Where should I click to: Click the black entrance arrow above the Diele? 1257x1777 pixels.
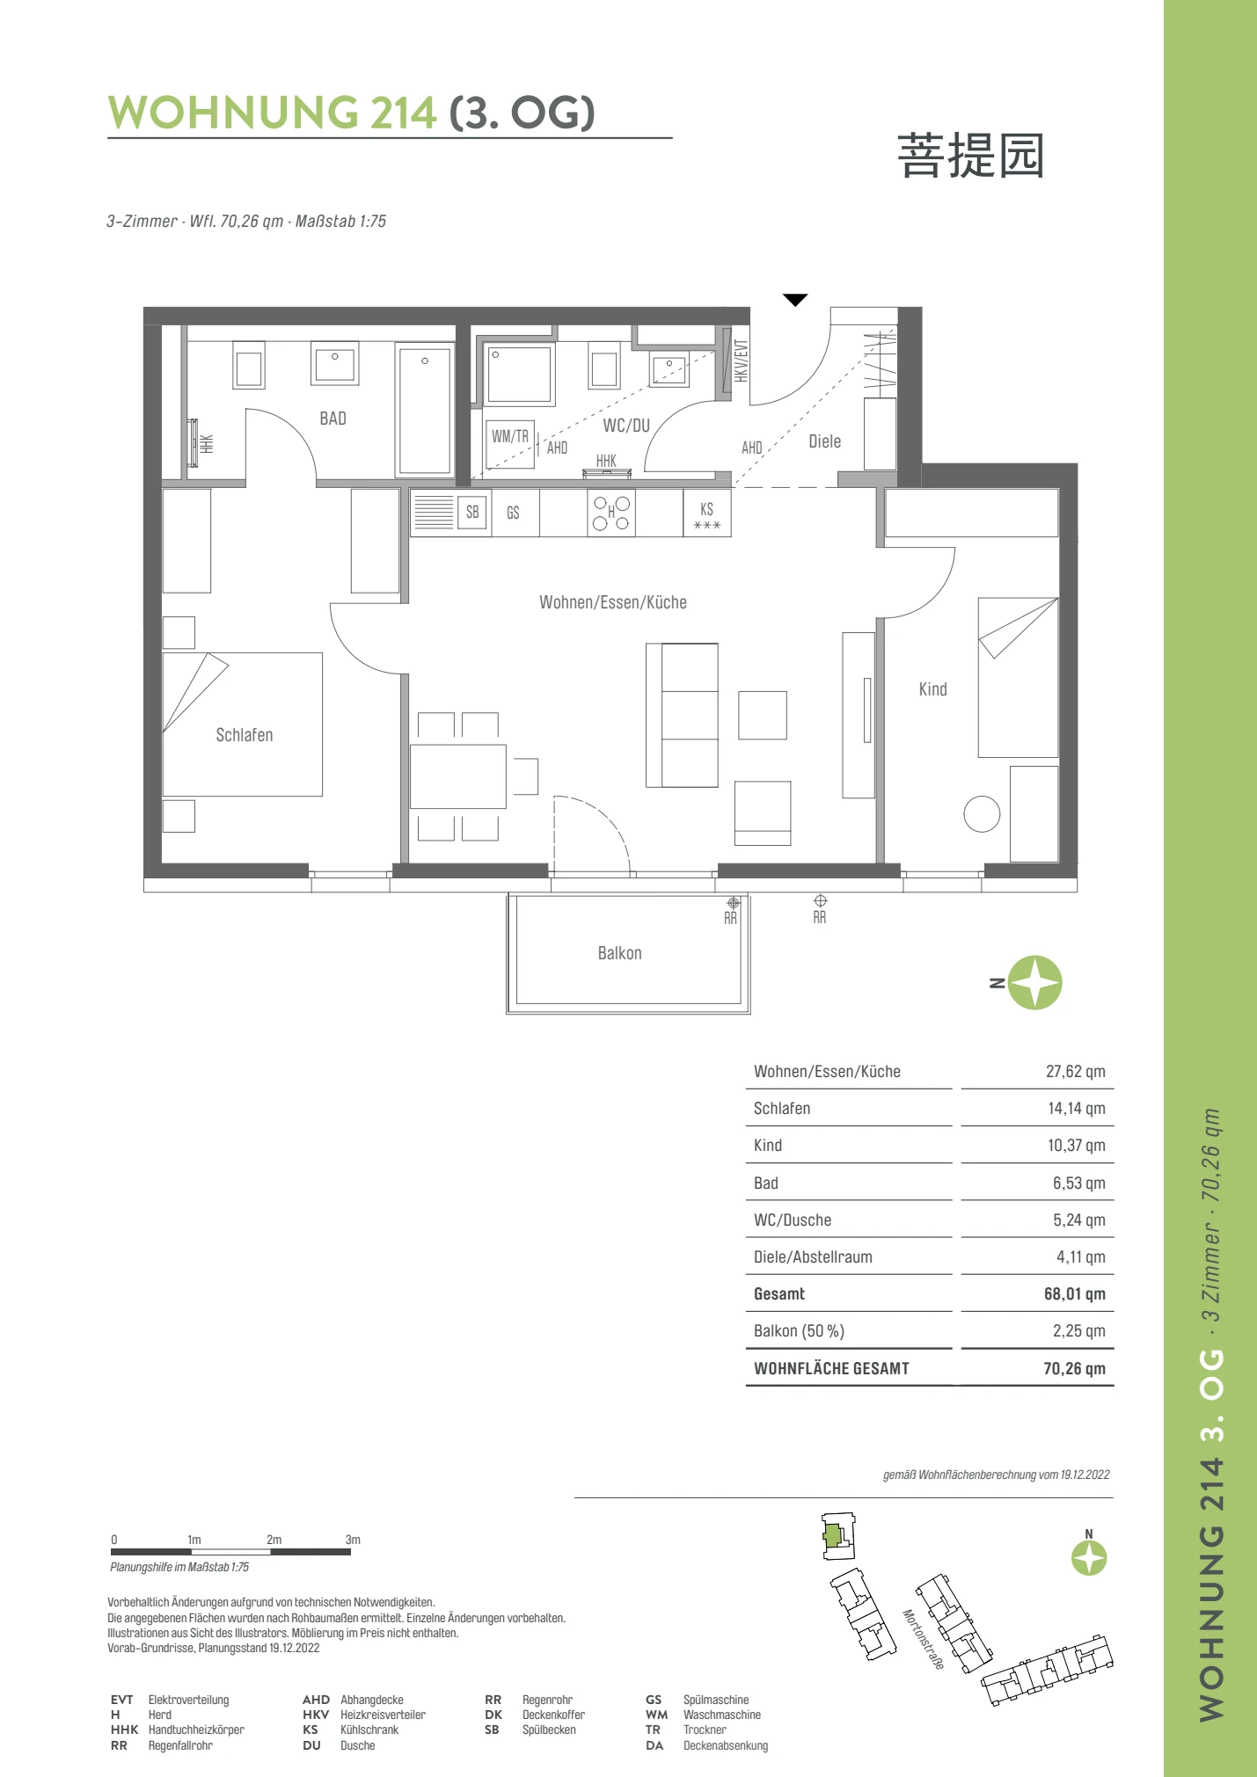coord(795,300)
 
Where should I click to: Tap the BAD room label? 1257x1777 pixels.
coord(333,419)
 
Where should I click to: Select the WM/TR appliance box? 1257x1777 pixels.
coord(510,445)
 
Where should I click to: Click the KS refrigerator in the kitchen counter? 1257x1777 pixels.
coord(707,513)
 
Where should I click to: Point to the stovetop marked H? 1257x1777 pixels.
coord(611,513)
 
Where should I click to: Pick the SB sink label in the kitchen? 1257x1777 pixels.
coord(472,513)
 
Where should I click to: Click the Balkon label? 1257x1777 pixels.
coord(619,953)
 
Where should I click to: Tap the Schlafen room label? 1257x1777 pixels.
coord(245,735)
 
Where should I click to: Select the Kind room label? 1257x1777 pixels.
coord(932,689)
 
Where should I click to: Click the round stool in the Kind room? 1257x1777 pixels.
coord(982,813)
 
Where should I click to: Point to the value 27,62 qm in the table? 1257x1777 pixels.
coord(1075,1072)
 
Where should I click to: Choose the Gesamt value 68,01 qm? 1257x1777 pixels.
coord(1074,1294)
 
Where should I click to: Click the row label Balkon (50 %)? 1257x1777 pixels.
coord(799,1331)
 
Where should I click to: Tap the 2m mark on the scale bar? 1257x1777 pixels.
coord(274,1540)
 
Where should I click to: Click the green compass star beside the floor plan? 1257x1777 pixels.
coord(1035,983)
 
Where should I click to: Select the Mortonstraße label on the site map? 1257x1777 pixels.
coord(924,1640)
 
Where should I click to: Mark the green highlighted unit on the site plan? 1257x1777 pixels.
coord(832,1536)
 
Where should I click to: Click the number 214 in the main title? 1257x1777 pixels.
coord(403,113)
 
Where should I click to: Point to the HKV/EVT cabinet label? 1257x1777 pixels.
coord(742,360)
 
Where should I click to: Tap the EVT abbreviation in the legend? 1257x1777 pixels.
coord(121,1700)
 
